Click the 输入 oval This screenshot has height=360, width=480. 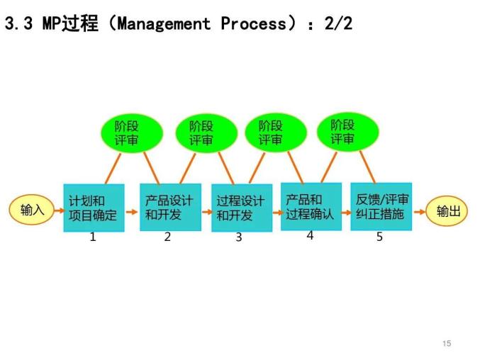coord(32,210)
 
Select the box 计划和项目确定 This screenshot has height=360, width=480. coord(94,208)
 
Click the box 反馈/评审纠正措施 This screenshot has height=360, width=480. coord(381,206)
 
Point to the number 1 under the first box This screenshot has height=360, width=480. coord(93,237)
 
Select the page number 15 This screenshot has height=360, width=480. coord(446,344)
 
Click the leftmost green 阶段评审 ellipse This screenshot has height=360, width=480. coord(128,133)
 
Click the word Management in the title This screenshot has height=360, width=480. coord(164,23)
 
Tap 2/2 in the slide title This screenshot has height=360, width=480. coord(337,23)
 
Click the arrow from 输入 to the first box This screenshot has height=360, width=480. coord(58,210)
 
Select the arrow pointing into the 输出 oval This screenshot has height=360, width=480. coord(419,211)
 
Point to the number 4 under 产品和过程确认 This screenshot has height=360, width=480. coord(310,235)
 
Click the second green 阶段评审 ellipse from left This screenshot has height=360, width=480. coord(201,133)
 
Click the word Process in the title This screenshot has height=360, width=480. coord(255,23)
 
